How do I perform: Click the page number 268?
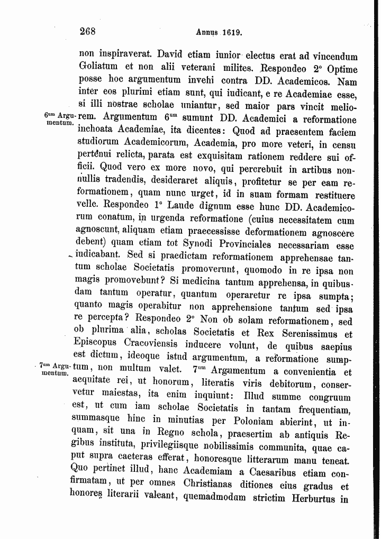coord(87,31)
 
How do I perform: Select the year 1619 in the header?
coord(232,32)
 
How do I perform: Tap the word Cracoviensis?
coord(156,346)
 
